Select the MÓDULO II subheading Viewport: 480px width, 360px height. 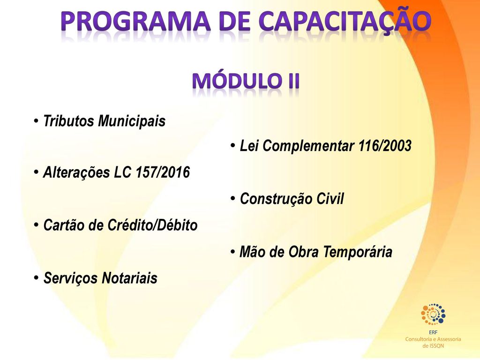click(x=246, y=81)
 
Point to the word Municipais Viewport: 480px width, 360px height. click(x=132, y=121)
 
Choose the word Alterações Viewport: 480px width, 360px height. click(x=76, y=172)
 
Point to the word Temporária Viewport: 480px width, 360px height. click(x=358, y=252)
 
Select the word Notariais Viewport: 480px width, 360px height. click(x=129, y=278)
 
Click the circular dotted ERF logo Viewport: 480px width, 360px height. click(x=433, y=314)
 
